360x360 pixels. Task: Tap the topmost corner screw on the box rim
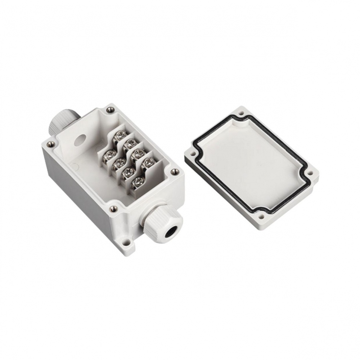pyautogui.click(x=109, y=108)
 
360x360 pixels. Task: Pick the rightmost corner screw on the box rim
pyautogui.click(x=175, y=172)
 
